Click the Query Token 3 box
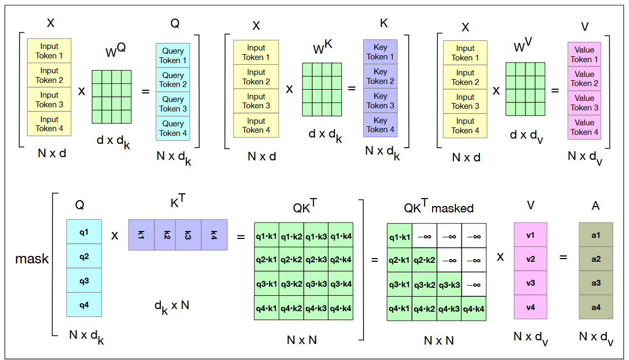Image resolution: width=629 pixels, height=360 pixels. click(173, 104)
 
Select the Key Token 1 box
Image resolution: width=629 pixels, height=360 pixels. click(381, 52)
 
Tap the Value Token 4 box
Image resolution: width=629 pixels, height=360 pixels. click(584, 127)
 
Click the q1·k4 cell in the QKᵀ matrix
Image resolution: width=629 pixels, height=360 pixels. click(341, 235)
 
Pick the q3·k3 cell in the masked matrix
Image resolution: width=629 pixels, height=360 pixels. click(450, 284)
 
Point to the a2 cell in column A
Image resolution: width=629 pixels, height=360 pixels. click(596, 259)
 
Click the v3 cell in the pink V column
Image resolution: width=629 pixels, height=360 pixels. click(530, 283)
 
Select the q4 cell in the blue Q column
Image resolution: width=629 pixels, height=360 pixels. click(84, 305)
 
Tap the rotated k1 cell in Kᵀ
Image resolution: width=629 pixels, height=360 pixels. click(141, 235)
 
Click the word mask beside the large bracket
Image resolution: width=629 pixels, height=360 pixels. click(32, 259)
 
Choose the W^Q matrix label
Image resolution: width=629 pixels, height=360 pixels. click(115, 51)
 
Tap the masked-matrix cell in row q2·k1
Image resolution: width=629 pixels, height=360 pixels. click(399, 260)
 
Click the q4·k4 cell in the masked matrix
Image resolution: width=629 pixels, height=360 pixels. click(474, 308)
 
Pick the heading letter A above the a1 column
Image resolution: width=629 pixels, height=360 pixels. click(596, 205)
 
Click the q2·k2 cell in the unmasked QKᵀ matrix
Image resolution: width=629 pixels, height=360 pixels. click(291, 260)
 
